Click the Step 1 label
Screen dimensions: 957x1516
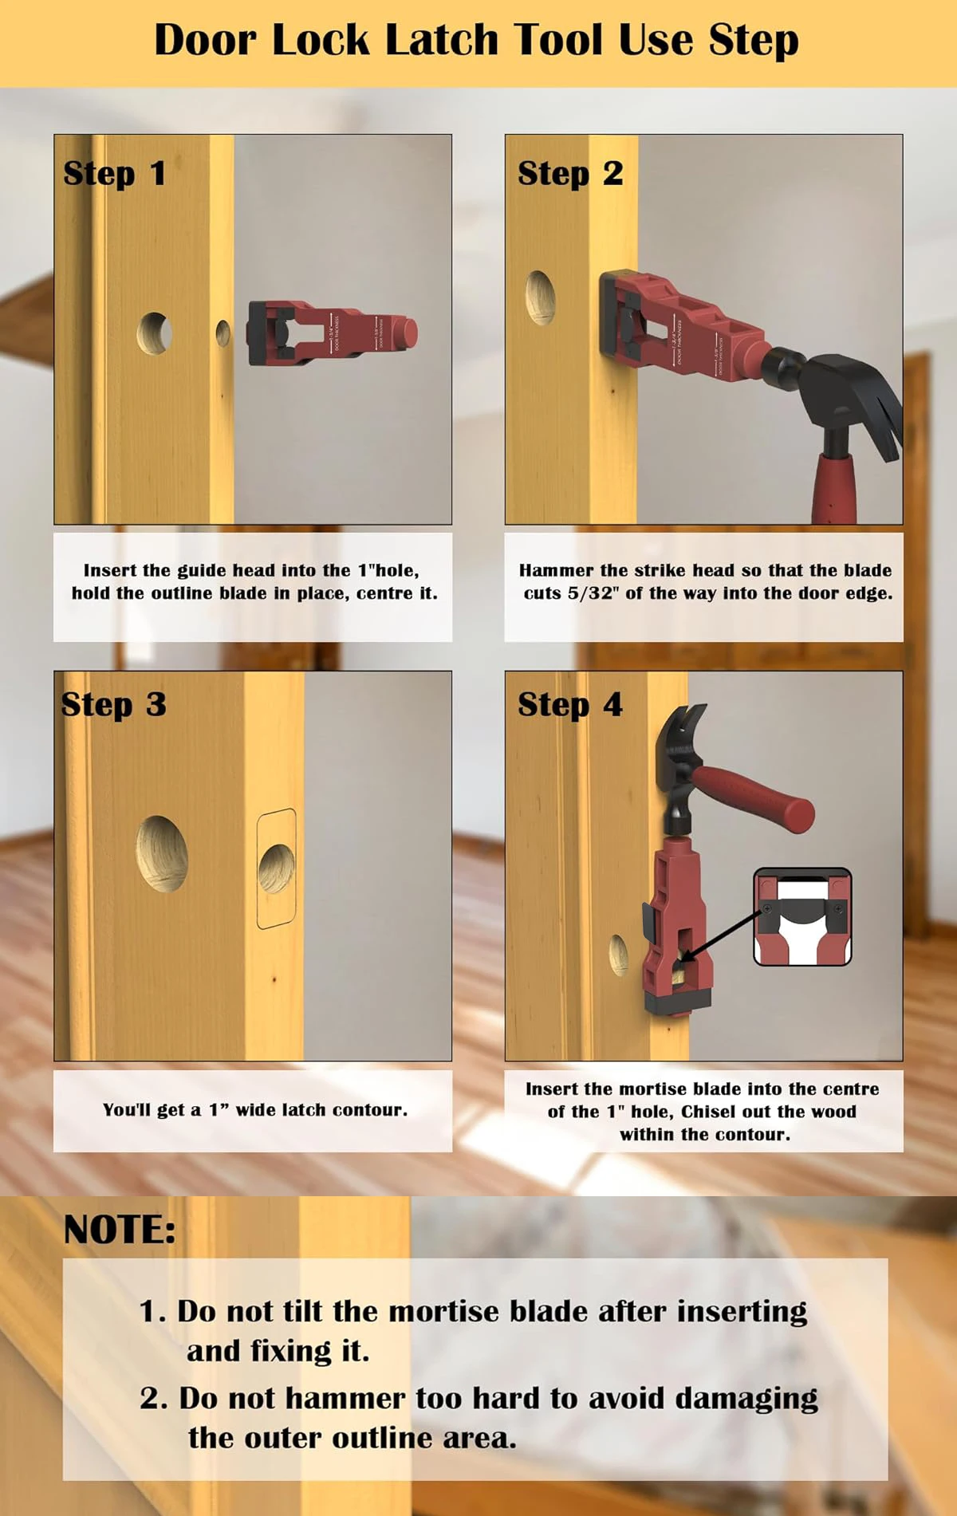[x=115, y=174]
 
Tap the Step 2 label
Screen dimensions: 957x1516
[x=570, y=174]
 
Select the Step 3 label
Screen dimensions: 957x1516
[x=114, y=705]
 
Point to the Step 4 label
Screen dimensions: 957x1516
[x=570, y=705]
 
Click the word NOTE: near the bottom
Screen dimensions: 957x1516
[x=120, y=1230]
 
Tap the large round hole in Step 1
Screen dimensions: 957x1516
[x=154, y=333]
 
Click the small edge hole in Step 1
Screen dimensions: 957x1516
[x=223, y=333]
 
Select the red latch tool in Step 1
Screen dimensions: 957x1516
[x=333, y=333]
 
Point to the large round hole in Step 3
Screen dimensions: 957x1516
[x=162, y=853]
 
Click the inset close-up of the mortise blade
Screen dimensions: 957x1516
[x=803, y=917]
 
